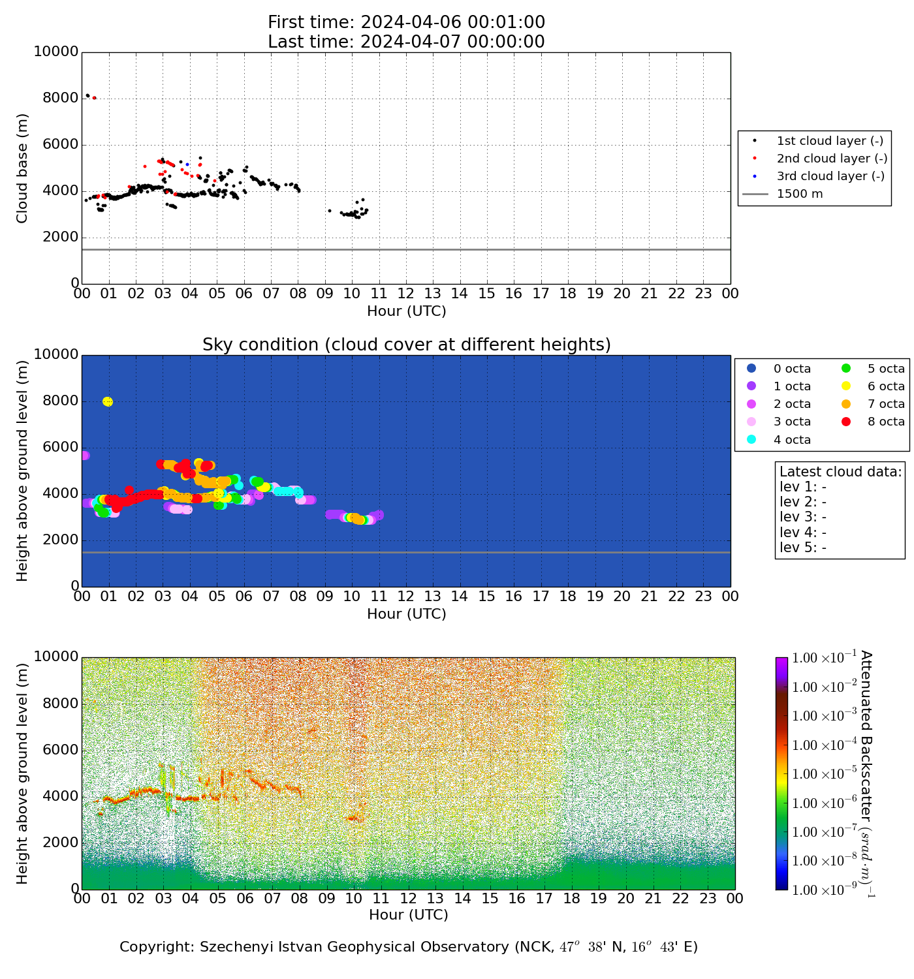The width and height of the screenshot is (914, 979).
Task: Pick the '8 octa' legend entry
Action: coord(887,422)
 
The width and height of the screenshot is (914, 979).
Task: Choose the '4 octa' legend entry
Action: coord(792,440)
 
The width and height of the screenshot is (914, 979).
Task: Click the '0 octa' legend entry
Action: coord(792,369)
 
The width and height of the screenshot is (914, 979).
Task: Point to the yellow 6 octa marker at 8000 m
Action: coord(108,401)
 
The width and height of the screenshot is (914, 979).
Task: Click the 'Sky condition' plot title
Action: coord(406,345)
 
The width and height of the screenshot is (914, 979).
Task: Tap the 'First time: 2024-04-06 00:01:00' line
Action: coord(406,23)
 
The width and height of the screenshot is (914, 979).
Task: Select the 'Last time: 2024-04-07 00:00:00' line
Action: coord(406,42)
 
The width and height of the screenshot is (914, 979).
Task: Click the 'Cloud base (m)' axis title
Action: coord(23,168)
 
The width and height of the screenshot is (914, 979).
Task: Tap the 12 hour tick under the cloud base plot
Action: coord(406,294)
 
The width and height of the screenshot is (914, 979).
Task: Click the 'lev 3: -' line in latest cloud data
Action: coord(803,517)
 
